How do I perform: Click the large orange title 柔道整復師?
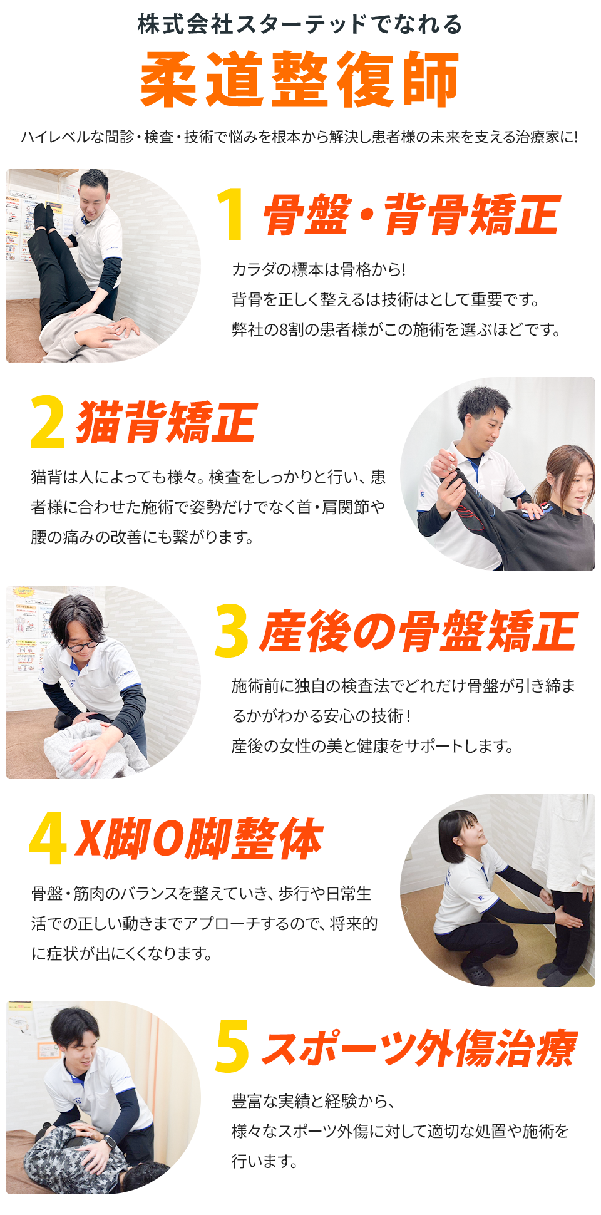(x=300, y=80)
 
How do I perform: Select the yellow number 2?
(x=47, y=422)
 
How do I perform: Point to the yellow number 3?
(x=231, y=631)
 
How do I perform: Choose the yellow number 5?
(x=231, y=1047)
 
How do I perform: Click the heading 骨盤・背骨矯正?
(x=410, y=215)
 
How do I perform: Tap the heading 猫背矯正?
(x=166, y=423)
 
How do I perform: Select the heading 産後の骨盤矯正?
(x=418, y=631)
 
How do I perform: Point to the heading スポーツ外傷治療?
(x=418, y=1047)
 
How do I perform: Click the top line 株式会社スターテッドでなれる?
(x=300, y=24)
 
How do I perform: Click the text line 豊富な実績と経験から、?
(x=313, y=1101)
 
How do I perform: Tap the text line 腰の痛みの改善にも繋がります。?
(x=142, y=537)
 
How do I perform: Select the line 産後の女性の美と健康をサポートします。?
(x=372, y=746)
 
